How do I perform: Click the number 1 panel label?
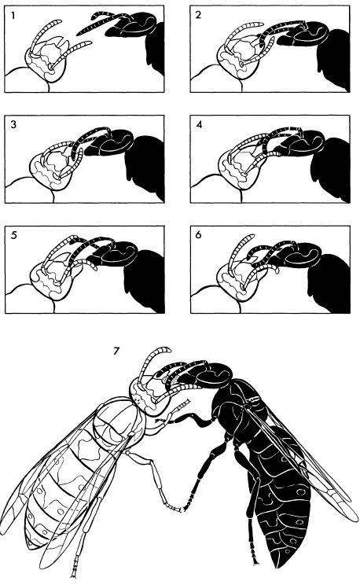(13, 16)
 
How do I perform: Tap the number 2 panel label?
(198, 15)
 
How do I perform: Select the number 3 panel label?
(13, 124)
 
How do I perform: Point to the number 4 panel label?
(199, 124)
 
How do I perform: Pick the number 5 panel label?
(14, 235)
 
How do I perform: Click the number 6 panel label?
(198, 234)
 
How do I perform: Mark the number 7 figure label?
(116, 351)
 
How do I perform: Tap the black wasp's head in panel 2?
(303, 35)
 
